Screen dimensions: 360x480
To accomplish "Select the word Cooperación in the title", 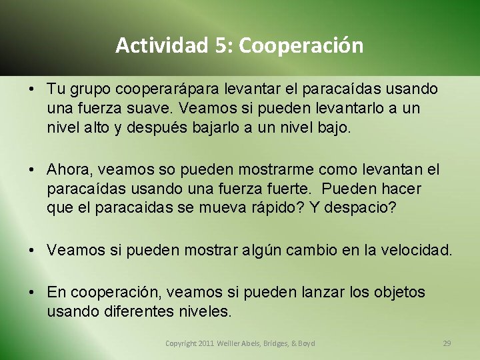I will tap(301, 45).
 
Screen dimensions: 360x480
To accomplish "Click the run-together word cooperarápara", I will tap(158, 89).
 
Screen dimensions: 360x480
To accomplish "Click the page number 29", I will tap(447, 343).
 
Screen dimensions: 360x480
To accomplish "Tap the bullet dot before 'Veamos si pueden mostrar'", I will tap(33, 251).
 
